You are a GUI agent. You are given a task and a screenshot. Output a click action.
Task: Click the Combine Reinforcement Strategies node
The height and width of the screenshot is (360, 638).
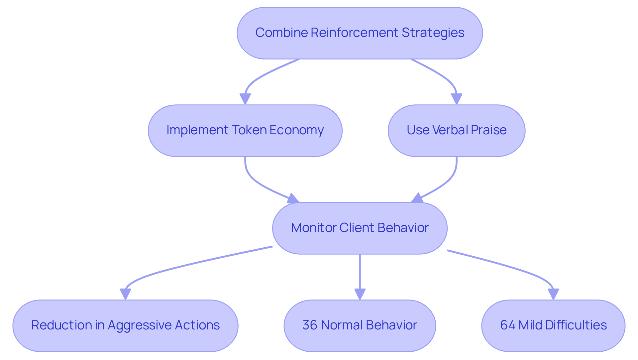click(360, 33)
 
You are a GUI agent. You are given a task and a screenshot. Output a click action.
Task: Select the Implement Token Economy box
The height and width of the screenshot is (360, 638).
click(245, 130)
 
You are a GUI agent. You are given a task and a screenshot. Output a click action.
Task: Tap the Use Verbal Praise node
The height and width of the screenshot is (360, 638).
click(456, 130)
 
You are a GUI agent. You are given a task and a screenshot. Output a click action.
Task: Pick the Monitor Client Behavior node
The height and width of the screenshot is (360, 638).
click(360, 228)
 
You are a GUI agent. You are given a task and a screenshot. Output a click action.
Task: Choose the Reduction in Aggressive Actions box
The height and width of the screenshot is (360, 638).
click(125, 325)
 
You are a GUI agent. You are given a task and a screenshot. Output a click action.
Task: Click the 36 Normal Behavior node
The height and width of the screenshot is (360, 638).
click(360, 325)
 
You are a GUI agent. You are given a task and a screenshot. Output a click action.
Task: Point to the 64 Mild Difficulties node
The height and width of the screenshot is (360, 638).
click(553, 325)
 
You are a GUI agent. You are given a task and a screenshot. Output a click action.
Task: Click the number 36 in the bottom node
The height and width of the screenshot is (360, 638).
click(309, 325)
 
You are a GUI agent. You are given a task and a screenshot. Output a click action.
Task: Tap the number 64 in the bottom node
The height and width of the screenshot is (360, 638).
click(507, 325)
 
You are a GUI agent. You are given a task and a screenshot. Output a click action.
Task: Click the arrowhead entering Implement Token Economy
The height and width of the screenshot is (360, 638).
click(245, 99)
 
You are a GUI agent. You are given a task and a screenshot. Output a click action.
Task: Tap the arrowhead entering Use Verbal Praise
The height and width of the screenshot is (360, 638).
click(457, 99)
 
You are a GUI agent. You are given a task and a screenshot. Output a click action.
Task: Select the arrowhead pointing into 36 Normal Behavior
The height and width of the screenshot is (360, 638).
click(360, 294)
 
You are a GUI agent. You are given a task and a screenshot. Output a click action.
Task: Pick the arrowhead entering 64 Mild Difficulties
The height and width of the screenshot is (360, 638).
click(553, 294)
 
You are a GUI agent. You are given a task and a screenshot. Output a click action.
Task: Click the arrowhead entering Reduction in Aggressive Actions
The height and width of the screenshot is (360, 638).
click(125, 294)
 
